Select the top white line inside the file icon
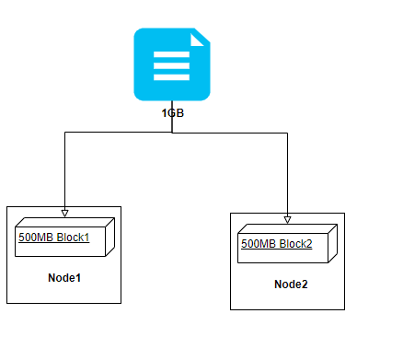[x=171, y=54]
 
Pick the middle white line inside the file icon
[x=171, y=66]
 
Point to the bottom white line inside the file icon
[x=171, y=78]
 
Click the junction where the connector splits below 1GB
[x=172, y=133]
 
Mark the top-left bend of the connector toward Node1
[x=64, y=133]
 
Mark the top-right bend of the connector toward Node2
[x=288, y=133]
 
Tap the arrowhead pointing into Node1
[x=64, y=209]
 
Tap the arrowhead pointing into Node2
[x=288, y=219]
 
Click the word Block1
[x=74, y=237]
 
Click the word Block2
[x=295, y=245]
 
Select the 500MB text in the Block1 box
[x=36, y=237]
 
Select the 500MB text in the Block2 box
[x=258, y=245]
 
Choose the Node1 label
[x=65, y=277]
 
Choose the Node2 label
[x=291, y=284]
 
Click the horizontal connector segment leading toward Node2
[x=230, y=133]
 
